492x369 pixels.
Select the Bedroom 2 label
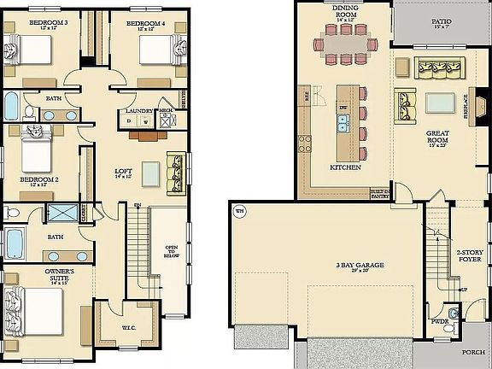point(38,180)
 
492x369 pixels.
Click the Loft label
point(124,173)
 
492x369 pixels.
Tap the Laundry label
point(139,112)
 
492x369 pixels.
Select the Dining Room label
point(345,10)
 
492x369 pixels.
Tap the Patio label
point(441,22)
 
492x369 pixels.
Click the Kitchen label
point(341,168)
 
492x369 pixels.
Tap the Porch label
point(472,351)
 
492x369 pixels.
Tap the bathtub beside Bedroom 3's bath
point(12,106)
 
